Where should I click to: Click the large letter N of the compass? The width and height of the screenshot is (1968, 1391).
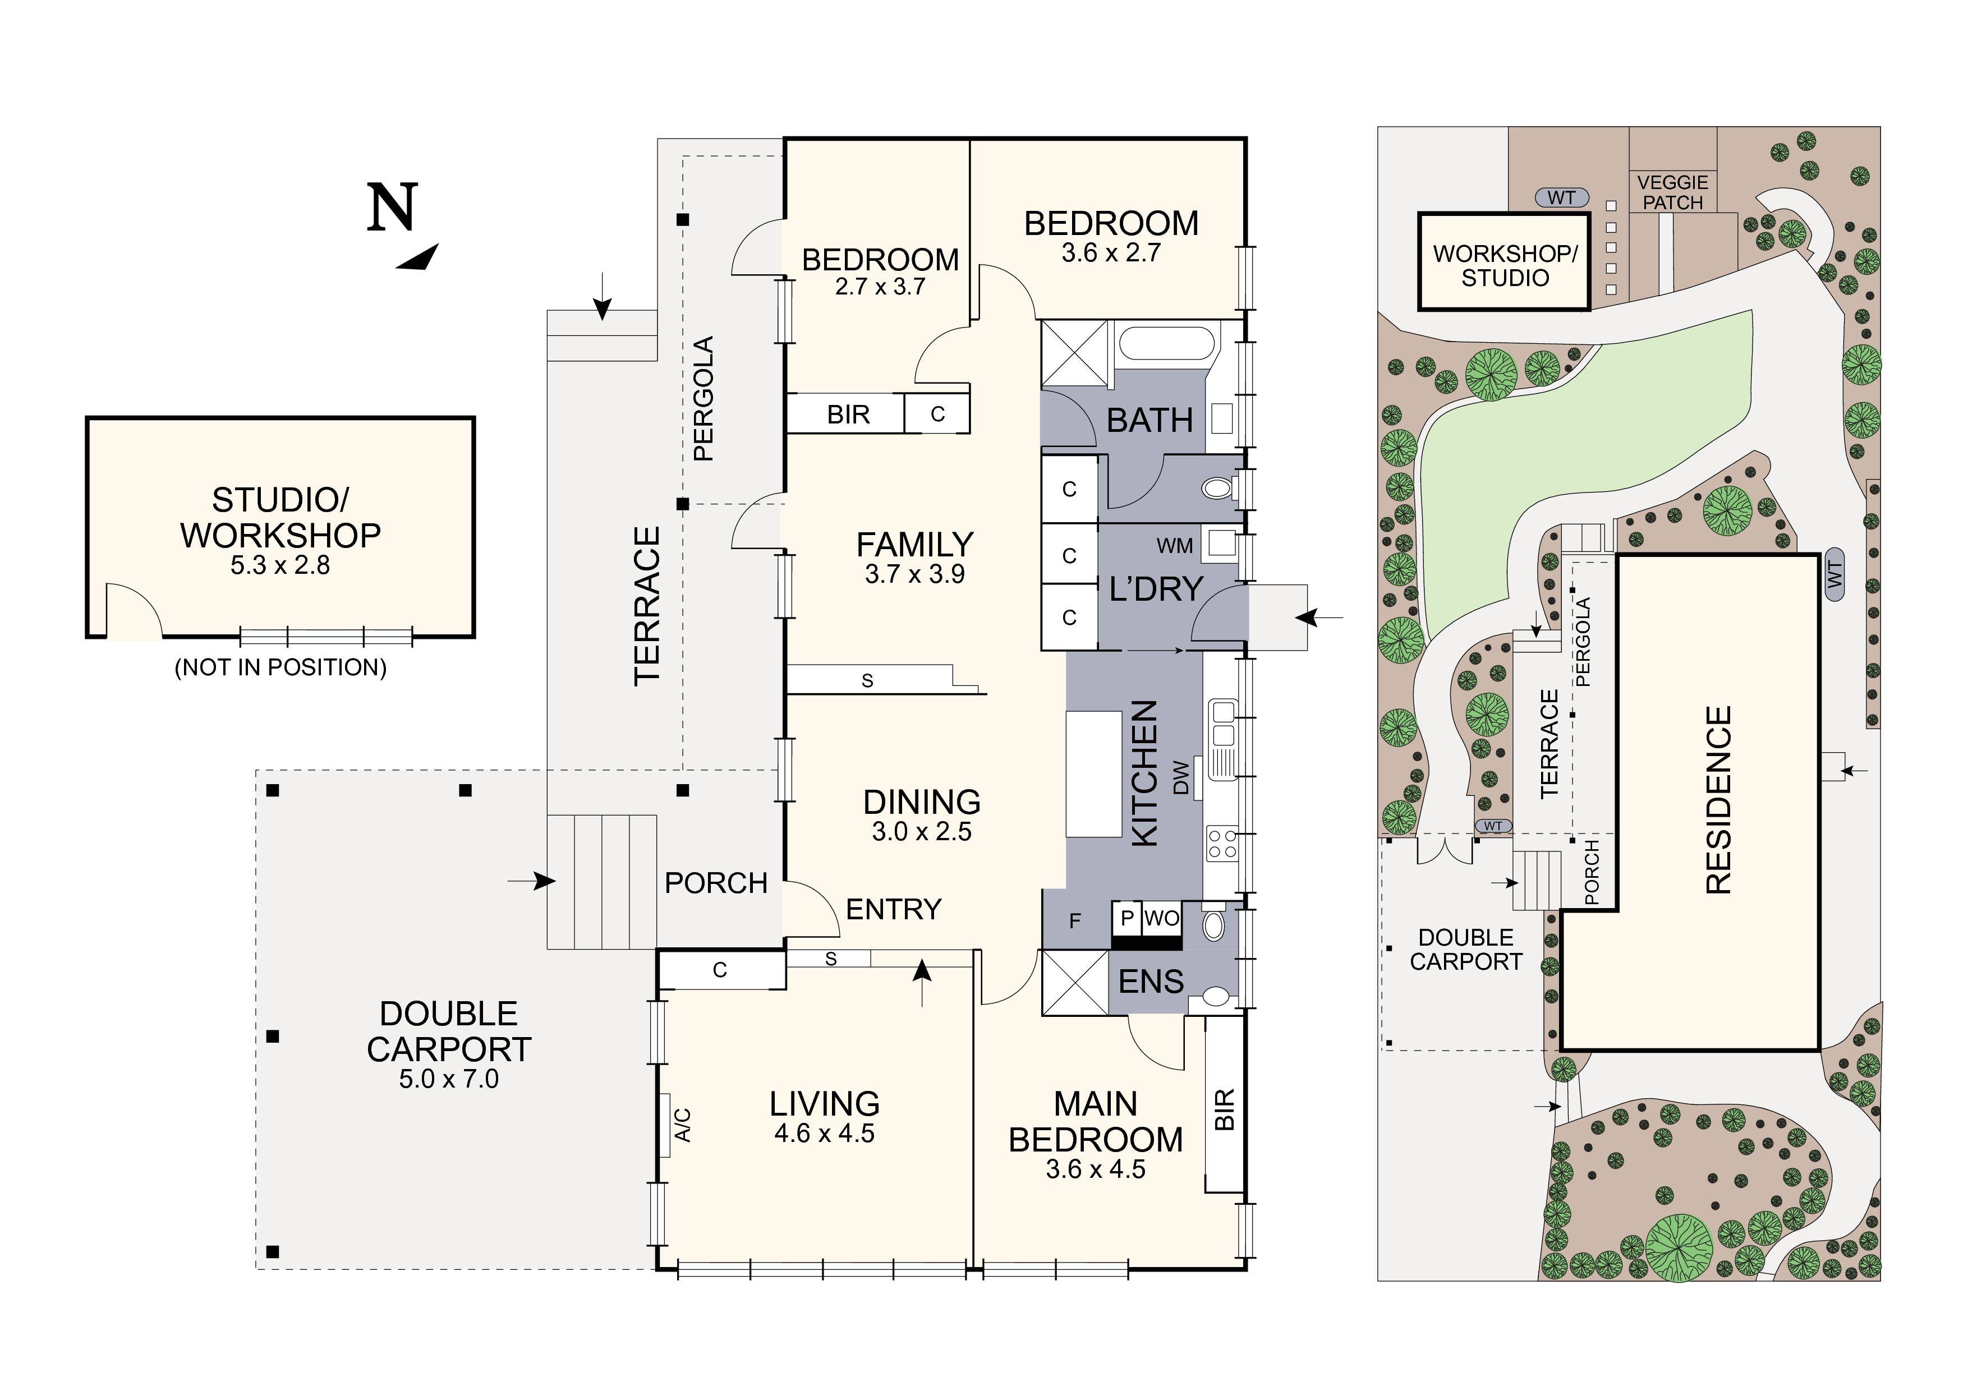pos(393,208)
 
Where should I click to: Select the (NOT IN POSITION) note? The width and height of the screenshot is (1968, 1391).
pos(281,667)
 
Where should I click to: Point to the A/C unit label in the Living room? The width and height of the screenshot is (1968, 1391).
pos(683,1125)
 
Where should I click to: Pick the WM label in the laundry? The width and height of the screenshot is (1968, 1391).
pos(1174,546)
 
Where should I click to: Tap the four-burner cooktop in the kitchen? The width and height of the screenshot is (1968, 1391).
pos(1221,842)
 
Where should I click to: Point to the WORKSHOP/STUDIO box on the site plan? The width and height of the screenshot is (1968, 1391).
pos(1504,261)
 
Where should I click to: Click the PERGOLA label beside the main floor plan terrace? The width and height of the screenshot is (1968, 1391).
pos(703,399)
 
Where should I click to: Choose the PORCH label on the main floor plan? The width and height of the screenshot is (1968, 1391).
pos(716,883)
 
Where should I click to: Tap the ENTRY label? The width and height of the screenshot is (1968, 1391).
pos(893,909)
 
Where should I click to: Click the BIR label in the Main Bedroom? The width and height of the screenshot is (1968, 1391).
pos(1225,1110)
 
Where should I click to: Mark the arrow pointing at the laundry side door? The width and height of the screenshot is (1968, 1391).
pos(1320,617)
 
